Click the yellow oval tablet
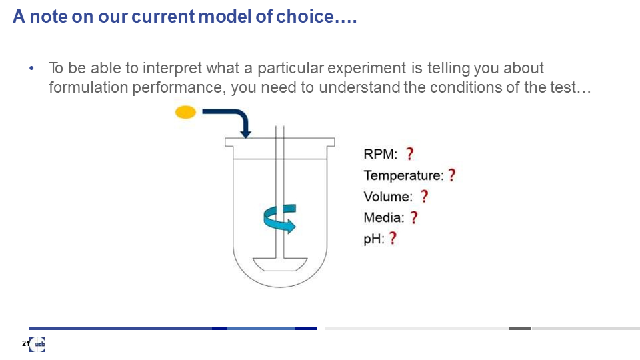point(185,112)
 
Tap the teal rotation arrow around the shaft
point(279,219)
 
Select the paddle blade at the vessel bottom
point(280,264)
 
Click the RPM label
point(381,154)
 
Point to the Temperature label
point(403,175)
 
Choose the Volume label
point(388,197)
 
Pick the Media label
point(384,217)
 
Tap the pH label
point(374,239)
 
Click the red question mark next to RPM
point(409,154)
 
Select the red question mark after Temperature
point(452,175)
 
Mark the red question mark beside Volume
point(425,196)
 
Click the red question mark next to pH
point(393,238)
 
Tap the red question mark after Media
point(414,217)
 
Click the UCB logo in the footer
point(37,344)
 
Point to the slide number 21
point(25,344)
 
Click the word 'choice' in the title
point(305,17)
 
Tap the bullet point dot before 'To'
point(31,69)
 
